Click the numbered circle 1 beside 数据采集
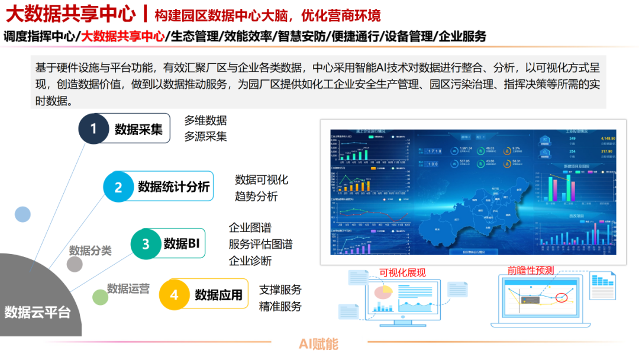tap(94, 128)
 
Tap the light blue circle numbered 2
tap(118, 188)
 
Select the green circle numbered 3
tap(146, 243)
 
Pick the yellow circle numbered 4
tap(174, 294)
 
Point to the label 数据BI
tap(182, 243)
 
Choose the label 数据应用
tap(219, 294)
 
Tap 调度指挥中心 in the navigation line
tap(39, 36)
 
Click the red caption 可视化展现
tap(402, 272)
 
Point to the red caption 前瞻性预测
tap(531, 270)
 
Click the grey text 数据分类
tap(91, 250)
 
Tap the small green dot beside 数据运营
tap(101, 297)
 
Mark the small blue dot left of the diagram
tap(22, 214)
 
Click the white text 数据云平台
tap(37, 312)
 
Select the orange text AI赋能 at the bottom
tap(318, 344)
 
